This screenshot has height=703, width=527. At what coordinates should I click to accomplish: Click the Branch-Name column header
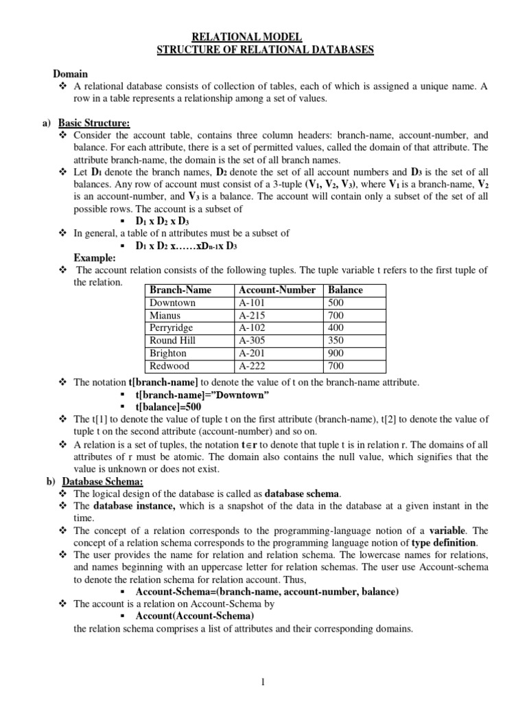(180, 290)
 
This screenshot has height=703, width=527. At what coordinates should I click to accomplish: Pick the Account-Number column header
(277, 290)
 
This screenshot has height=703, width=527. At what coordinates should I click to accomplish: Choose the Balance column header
(346, 290)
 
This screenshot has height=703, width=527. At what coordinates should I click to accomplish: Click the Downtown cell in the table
(172, 303)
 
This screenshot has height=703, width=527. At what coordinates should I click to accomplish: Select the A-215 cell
(252, 316)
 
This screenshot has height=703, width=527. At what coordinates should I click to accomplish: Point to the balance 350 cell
(336, 341)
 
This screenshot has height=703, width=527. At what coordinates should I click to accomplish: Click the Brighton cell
(168, 354)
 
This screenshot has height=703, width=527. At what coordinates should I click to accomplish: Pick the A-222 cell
(252, 366)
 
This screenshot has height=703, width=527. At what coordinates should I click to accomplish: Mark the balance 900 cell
(336, 354)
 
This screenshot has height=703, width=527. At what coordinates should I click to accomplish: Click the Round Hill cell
(173, 341)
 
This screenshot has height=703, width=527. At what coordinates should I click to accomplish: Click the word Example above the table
(93, 257)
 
